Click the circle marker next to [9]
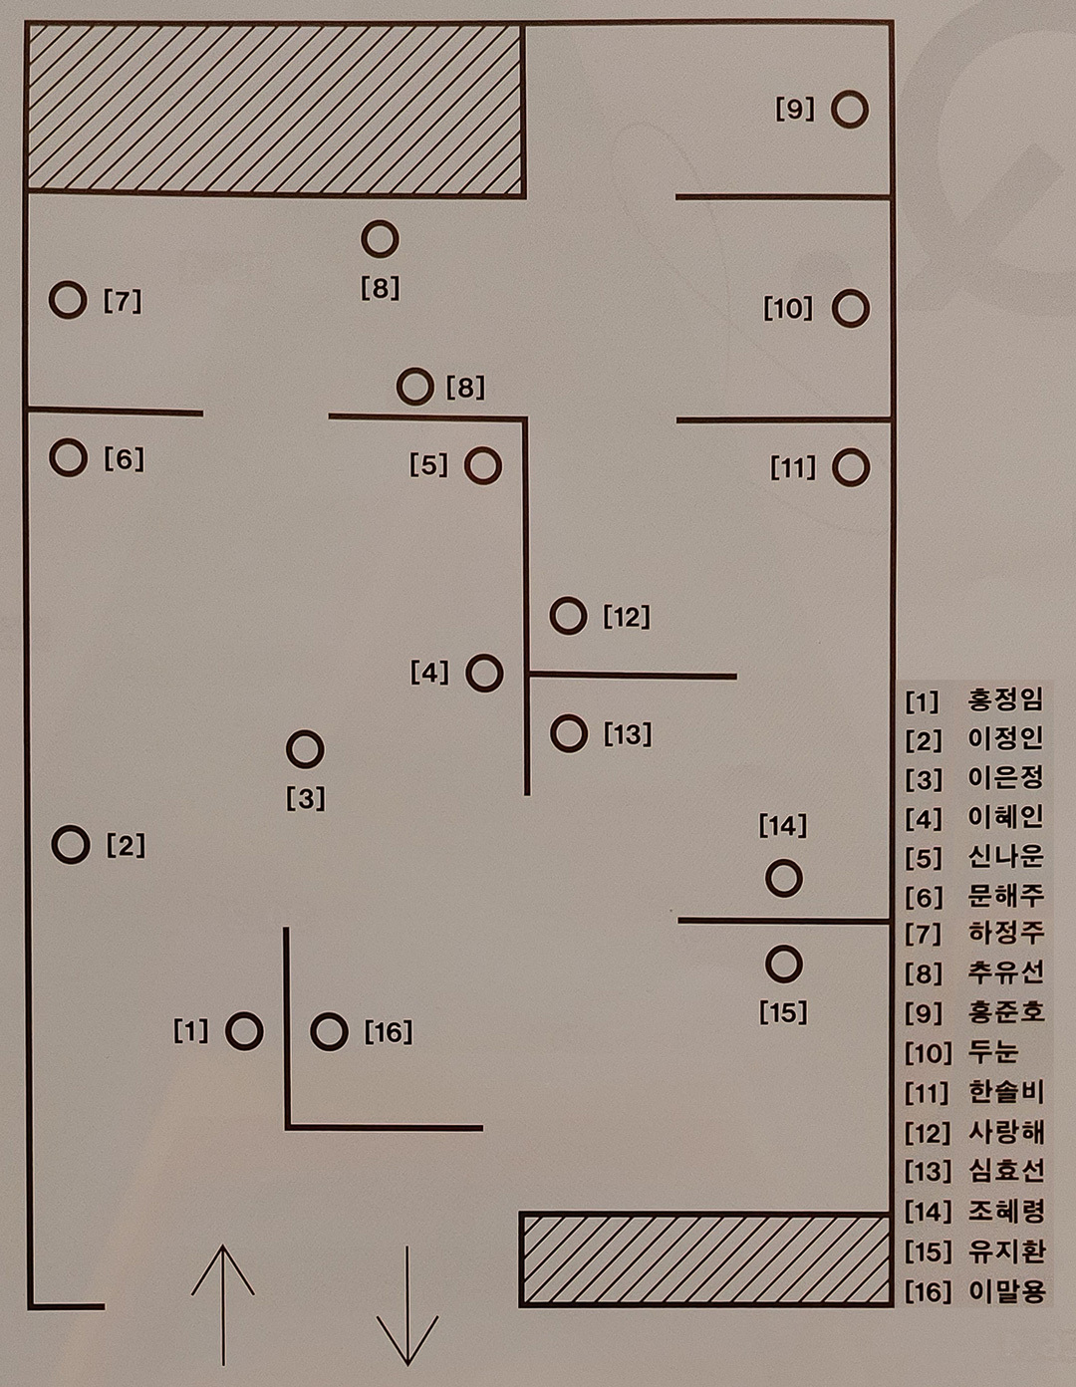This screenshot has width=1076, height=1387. point(850,109)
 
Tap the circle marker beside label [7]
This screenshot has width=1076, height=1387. point(68,299)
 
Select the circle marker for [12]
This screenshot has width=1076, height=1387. point(568,616)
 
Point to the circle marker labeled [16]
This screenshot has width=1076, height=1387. point(329,1032)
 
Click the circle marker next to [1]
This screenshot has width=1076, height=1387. point(244,1031)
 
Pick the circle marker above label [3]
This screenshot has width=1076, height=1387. point(305,749)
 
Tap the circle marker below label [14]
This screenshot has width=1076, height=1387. point(784,878)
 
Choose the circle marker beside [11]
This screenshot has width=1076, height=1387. point(850,466)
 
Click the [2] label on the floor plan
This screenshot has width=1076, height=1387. point(126,846)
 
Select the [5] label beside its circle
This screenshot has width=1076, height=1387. point(429,465)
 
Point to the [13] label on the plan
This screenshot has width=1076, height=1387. point(628,735)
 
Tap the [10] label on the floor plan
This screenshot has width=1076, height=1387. point(788,309)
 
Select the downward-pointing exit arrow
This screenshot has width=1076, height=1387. point(407,1305)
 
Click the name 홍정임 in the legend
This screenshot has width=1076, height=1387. point(1005,699)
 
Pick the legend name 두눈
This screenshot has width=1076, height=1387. point(993,1052)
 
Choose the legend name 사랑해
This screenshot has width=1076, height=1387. point(1005,1132)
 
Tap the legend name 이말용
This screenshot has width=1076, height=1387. point(1005,1291)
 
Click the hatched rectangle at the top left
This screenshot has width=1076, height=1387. point(275,109)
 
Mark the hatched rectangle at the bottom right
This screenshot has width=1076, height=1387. point(704,1258)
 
